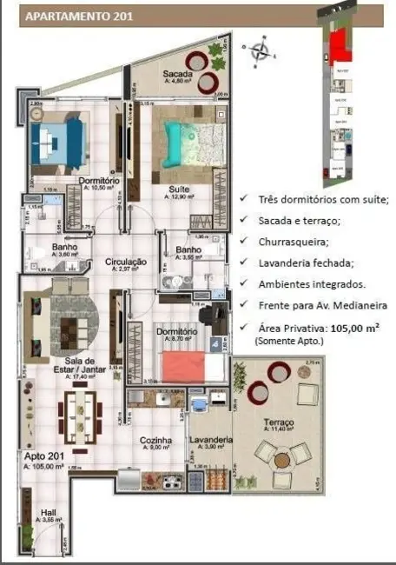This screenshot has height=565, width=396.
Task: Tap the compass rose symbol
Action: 260,50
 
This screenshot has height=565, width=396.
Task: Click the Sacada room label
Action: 178,75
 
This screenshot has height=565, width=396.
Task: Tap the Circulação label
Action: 125,262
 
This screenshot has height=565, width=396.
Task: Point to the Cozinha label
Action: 156,441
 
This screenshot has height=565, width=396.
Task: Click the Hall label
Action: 49,513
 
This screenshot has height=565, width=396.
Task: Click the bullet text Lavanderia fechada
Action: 305,263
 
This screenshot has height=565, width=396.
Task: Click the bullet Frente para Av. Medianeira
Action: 321,305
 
